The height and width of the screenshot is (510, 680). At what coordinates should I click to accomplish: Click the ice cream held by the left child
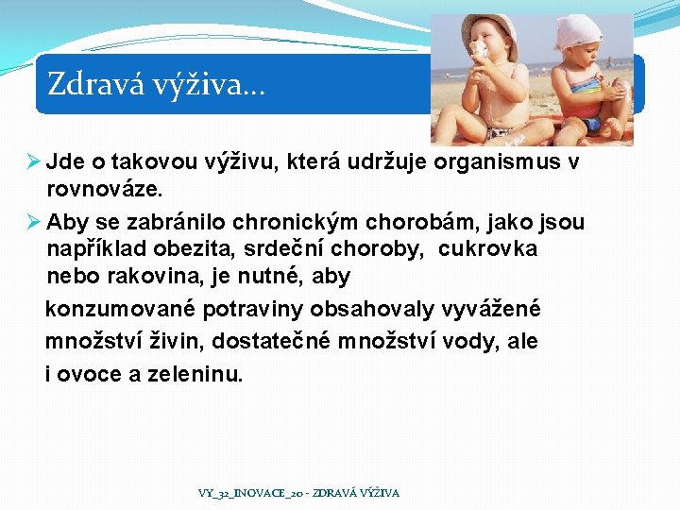480,49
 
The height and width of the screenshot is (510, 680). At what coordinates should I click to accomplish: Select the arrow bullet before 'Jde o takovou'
34,162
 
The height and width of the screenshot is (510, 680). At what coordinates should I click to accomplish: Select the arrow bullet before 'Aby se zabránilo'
34,223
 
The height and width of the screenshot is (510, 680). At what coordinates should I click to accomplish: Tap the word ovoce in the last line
90,375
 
